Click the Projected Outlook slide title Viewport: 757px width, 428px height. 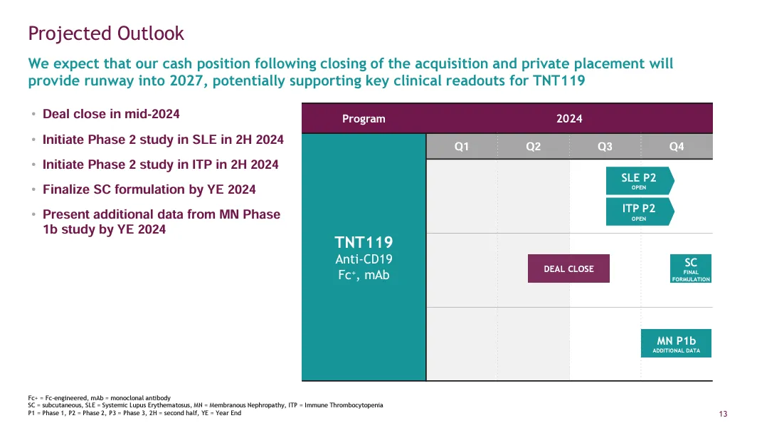105,33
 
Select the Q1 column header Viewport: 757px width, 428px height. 462,147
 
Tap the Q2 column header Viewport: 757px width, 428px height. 534,147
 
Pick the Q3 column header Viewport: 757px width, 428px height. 605,147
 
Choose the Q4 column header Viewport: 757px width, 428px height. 677,147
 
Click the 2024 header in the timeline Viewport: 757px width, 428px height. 569,119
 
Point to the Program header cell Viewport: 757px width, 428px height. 364,119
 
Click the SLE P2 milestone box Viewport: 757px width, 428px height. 639,181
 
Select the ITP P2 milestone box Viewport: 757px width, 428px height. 639,212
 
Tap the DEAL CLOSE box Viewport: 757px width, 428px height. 568,268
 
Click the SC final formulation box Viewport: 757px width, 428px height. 691,269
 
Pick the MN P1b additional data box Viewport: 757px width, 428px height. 676,344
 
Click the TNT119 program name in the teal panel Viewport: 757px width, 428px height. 364,242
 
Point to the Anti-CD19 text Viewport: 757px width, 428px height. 364,259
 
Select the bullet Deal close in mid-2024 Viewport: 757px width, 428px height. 111,114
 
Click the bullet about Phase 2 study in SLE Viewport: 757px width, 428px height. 163,140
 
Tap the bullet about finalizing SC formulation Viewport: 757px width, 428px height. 149,189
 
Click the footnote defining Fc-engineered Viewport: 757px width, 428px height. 99,398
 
